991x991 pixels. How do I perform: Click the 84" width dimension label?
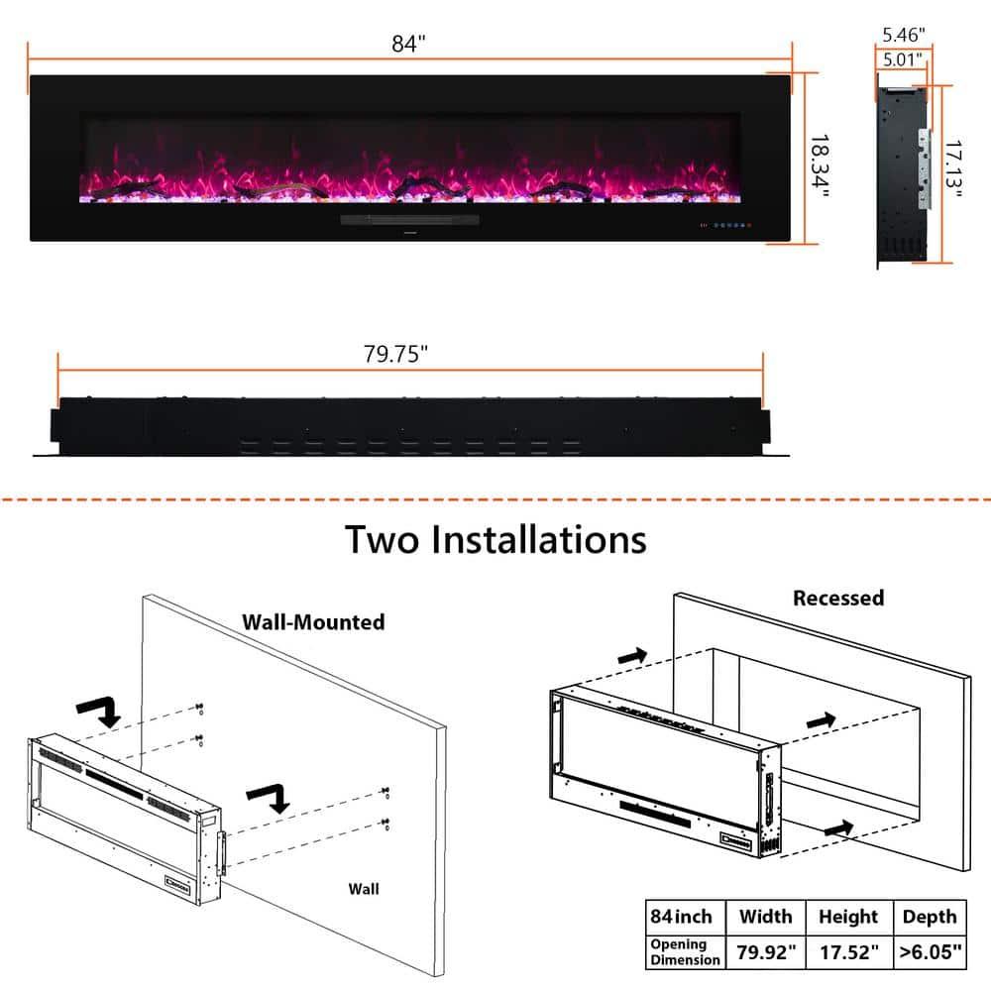[407, 44]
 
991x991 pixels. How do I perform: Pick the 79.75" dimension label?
[395, 355]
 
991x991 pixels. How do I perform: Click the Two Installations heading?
[495, 539]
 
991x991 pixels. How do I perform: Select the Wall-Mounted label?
[313, 622]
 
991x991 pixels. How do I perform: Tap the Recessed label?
[838, 598]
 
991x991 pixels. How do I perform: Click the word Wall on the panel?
[363, 889]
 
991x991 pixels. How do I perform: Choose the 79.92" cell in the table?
[765, 952]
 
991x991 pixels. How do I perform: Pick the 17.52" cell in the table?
[848, 952]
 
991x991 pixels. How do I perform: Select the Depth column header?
[930, 917]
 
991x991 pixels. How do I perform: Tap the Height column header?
[848, 917]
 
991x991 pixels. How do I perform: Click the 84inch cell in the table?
[685, 917]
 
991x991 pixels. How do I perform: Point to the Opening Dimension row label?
[685, 952]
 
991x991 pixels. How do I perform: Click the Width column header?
[765, 917]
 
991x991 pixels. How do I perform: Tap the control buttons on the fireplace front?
[726, 226]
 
